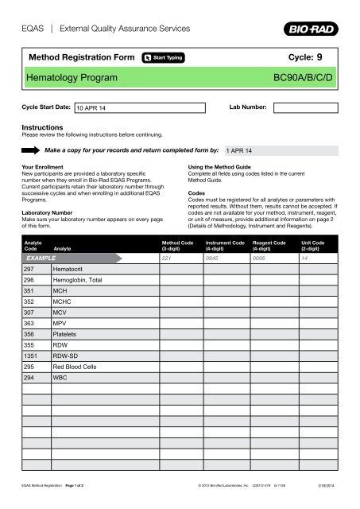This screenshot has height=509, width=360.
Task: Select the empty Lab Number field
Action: click(x=306, y=107)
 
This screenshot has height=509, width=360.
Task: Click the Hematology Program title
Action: click(x=72, y=78)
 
